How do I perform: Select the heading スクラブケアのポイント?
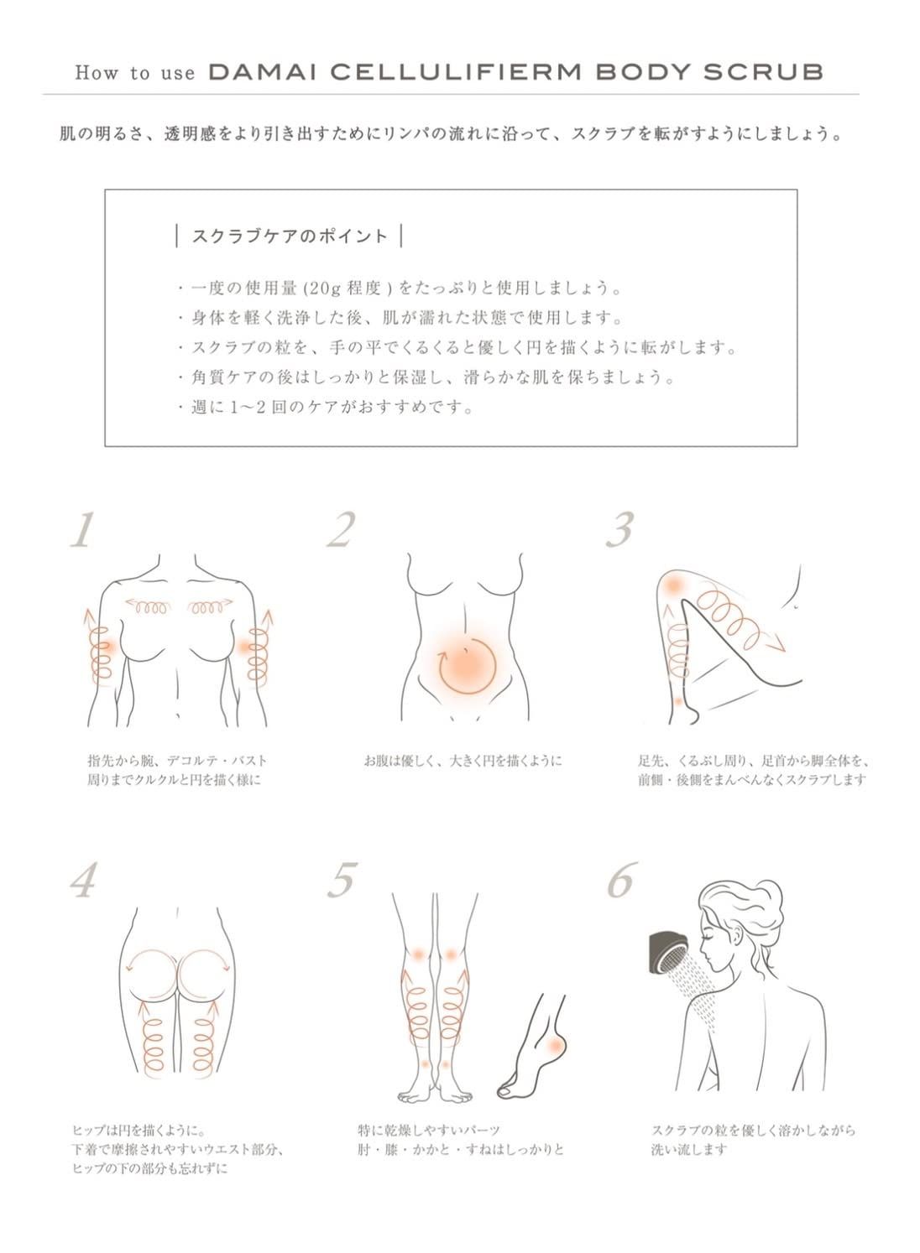point(289,236)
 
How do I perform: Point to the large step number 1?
point(83,530)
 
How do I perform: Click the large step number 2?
point(342,530)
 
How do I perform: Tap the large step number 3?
point(619,530)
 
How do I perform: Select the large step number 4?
point(84,880)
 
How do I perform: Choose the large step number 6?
point(621,880)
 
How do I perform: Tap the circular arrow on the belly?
point(467,665)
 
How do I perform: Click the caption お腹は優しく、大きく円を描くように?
point(463,761)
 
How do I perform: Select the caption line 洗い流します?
point(688,1150)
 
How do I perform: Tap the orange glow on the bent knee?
point(673,585)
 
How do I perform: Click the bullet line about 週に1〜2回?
point(332,408)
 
